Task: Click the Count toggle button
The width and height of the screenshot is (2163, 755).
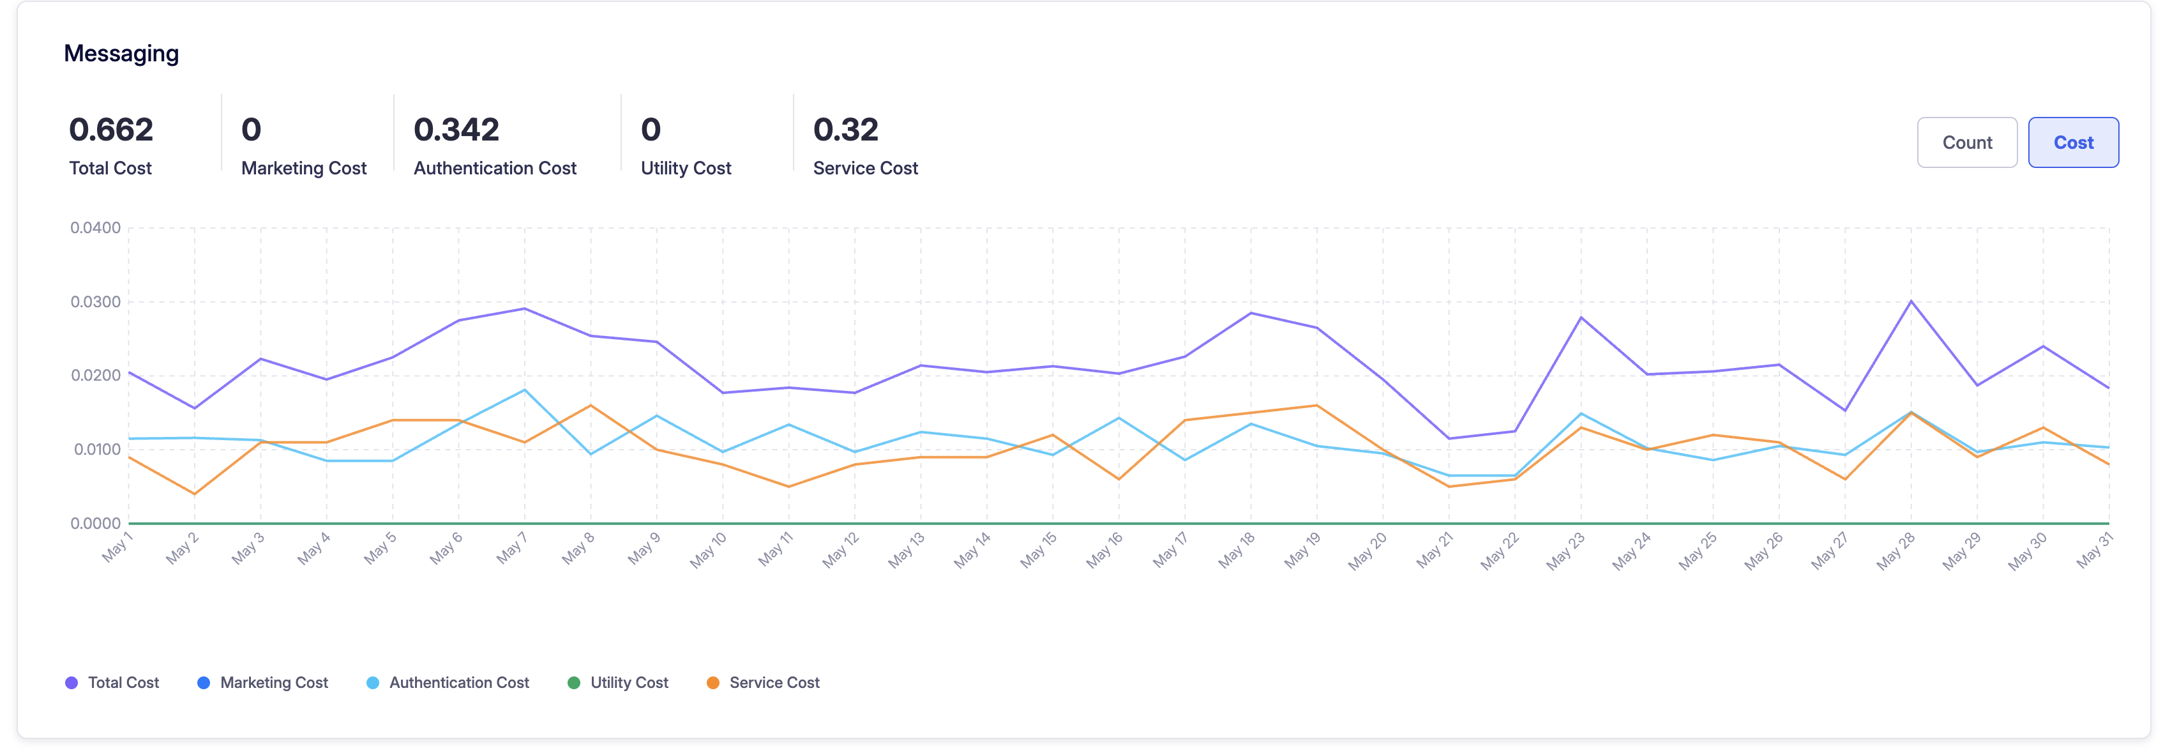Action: click(x=1966, y=143)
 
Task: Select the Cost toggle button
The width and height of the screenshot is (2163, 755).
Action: click(x=2073, y=143)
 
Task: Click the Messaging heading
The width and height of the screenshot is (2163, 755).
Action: click(x=122, y=54)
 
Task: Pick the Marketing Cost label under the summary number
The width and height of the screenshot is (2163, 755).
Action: click(x=304, y=168)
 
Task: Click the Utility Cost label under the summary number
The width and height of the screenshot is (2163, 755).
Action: click(x=686, y=168)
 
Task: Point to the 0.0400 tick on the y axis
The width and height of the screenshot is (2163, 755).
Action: click(x=96, y=227)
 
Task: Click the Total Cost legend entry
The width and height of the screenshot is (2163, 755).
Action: click(x=112, y=683)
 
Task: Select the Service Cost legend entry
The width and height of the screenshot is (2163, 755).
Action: click(x=764, y=683)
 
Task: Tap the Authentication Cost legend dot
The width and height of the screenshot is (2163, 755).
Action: click(x=373, y=683)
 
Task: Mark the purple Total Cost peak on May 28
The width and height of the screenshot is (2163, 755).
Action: click(x=1911, y=301)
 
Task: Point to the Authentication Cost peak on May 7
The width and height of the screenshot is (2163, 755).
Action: click(x=525, y=390)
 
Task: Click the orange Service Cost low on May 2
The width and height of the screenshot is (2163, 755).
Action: click(x=195, y=494)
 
